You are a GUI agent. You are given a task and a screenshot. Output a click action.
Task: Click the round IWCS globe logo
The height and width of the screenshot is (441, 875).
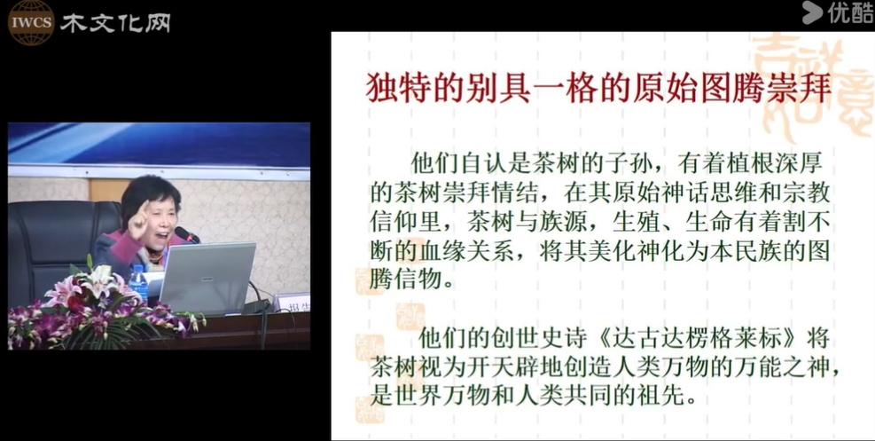pos(31,22)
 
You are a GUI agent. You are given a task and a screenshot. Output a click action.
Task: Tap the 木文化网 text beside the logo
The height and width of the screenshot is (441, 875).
pos(115,23)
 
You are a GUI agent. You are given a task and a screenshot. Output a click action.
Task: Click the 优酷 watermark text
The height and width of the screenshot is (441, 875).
pos(850,12)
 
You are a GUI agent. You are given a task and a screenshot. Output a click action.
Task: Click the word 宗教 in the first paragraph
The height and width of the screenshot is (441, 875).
pos(805,193)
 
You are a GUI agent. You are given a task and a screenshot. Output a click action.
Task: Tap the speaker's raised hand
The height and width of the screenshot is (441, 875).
pos(138,219)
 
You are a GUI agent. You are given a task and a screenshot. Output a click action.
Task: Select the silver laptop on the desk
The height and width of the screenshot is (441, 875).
pos(207,278)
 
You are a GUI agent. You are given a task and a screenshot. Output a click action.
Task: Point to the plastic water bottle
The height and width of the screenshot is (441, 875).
pos(137,284)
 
